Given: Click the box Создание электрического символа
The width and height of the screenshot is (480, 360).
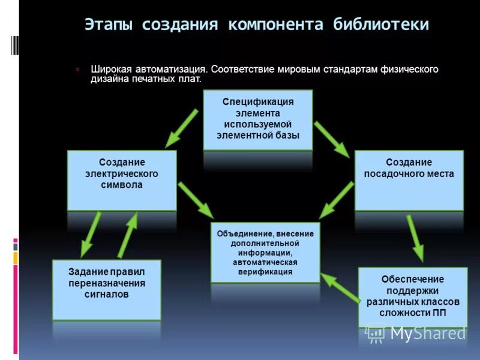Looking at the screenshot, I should point(122,179).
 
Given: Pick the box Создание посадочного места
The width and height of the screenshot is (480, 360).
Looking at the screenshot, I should point(409,179).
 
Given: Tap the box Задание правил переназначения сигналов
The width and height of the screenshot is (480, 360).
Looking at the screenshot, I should point(107,289).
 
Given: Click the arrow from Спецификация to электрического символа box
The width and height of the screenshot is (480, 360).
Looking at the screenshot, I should point(182,128).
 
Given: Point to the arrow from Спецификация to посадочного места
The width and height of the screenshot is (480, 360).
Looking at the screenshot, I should point(332,139).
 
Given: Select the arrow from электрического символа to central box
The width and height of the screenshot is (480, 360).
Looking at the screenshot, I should point(196,200).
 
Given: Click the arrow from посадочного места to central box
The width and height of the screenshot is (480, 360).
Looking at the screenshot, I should point(337,200).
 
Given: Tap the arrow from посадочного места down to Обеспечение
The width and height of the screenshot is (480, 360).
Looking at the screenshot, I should point(415,238).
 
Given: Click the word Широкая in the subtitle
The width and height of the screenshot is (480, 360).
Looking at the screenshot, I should point(107,69).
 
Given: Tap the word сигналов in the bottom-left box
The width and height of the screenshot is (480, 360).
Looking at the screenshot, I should point(107,295).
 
